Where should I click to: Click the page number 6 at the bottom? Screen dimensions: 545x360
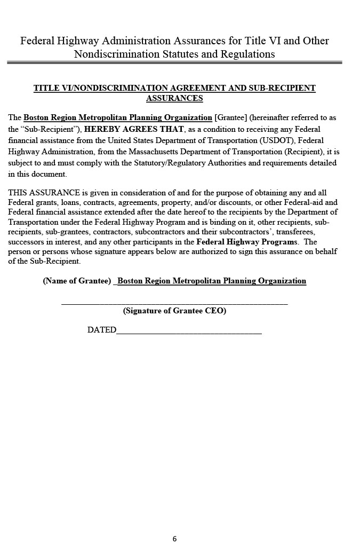tap(174, 539)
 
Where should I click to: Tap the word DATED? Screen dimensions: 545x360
tap(101, 330)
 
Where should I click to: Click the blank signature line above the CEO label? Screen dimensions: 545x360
tap(174, 303)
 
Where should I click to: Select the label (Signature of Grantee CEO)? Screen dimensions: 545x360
tap(174, 311)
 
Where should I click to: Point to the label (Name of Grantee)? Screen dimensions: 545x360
tap(77, 281)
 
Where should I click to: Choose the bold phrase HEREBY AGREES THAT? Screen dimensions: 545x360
tap(134, 129)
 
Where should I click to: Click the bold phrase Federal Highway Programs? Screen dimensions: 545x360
tap(247, 242)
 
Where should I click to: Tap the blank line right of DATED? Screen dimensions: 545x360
tap(189, 333)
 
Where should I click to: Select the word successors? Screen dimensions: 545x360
tap(25, 242)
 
